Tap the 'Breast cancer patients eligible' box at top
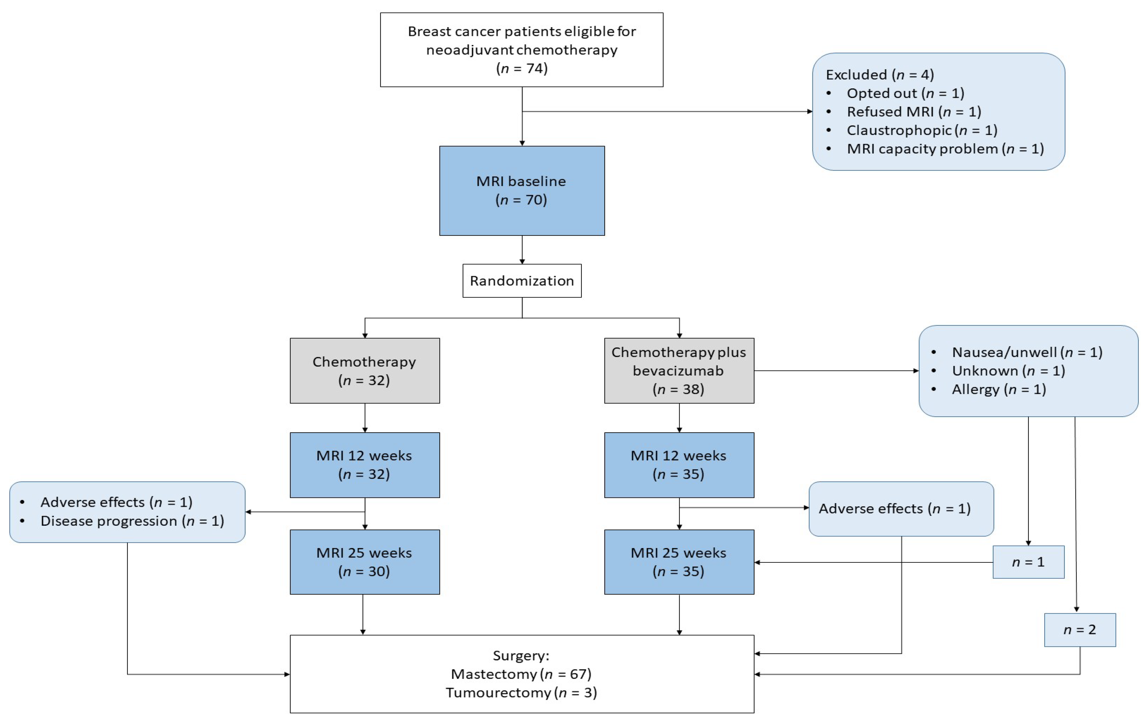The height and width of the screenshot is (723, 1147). click(522, 50)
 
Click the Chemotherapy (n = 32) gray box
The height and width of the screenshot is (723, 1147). click(364, 371)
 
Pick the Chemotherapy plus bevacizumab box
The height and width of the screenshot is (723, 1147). click(679, 371)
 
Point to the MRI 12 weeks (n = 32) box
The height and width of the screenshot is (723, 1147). click(364, 465)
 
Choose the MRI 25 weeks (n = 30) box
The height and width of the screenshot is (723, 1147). click(364, 562)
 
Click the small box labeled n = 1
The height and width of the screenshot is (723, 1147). click(1028, 562)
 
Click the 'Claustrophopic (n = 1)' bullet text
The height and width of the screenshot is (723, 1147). click(922, 130)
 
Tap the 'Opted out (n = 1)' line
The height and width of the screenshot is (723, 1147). click(905, 93)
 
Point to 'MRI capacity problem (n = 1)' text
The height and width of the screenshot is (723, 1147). click(945, 149)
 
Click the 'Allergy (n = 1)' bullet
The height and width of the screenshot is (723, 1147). click(999, 389)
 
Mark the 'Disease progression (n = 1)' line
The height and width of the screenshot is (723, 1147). click(132, 521)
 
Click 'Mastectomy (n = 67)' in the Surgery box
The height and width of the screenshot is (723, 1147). click(521, 674)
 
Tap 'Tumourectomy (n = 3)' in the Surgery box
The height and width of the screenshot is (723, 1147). click(521, 692)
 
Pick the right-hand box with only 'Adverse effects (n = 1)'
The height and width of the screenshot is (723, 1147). click(901, 508)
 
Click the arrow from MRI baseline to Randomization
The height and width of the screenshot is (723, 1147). click(522, 250)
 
